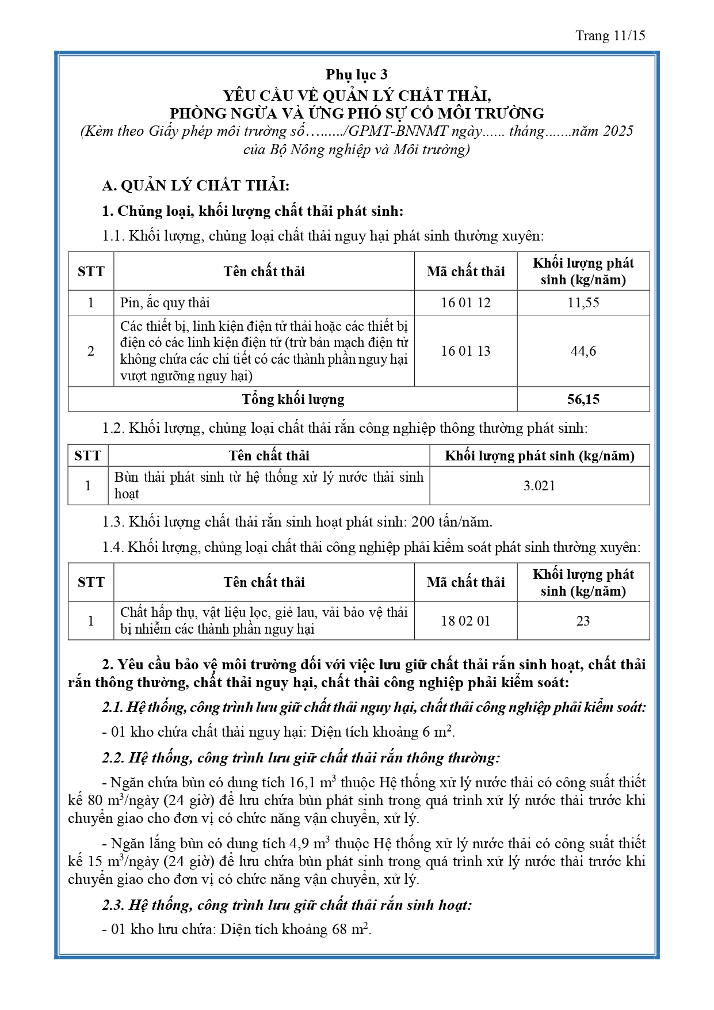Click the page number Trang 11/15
[x=610, y=36]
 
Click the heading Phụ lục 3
[x=357, y=74]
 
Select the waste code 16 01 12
[x=465, y=303]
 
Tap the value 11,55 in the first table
[x=583, y=303]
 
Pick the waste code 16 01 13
[x=465, y=351]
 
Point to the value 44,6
[x=583, y=351]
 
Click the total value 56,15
[x=583, y=399]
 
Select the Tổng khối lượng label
[x=293, y=399]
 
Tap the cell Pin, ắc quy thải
[x=165, y=303]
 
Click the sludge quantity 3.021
[x=539, y=486]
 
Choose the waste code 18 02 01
[x=465, y=621]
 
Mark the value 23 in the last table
[x=583, y=621]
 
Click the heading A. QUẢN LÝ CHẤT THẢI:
[x=196, y=185]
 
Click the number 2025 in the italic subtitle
[x=618, y=131]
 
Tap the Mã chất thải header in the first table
[x=465, y=272]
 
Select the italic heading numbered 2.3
[x=287, y=905]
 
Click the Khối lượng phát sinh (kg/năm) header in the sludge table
[x=539, y=456]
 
